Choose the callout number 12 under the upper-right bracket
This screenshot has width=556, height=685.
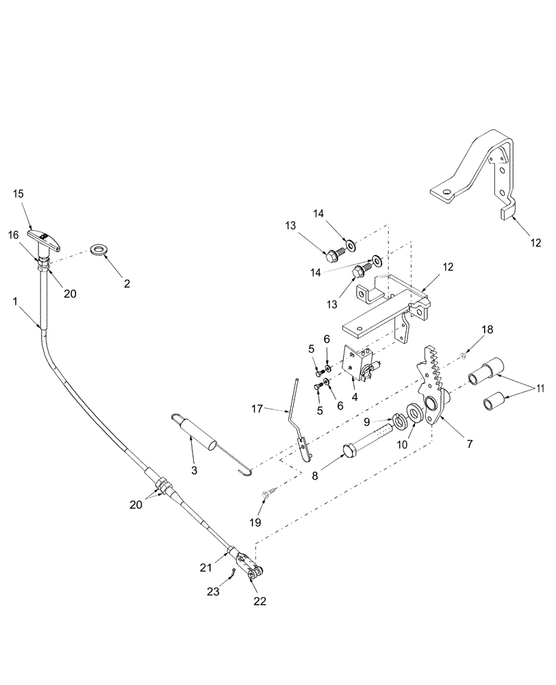click(x=535, y=242)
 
